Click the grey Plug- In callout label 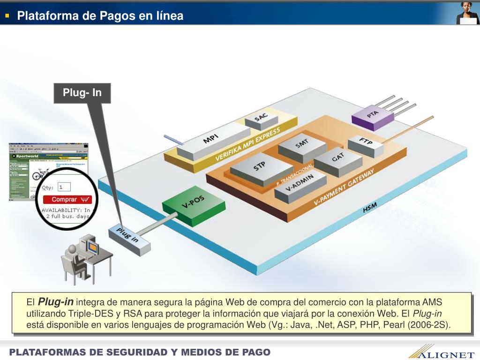82,93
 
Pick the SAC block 261,119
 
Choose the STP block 261,167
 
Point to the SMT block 302,145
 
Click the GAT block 338,159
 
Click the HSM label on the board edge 370,208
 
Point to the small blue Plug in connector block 129,239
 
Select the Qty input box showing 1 63,187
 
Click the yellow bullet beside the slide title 7,16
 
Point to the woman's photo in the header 467,13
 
